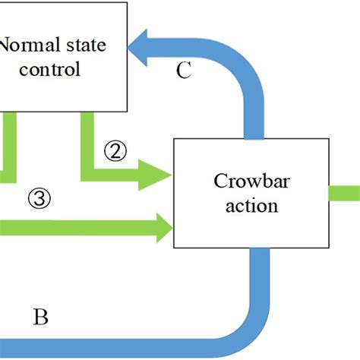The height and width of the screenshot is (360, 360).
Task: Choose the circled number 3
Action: click(39, 199)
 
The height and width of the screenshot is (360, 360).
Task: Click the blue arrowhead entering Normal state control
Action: click(141, 52)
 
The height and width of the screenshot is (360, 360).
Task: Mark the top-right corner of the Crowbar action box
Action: click(327, 140)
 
